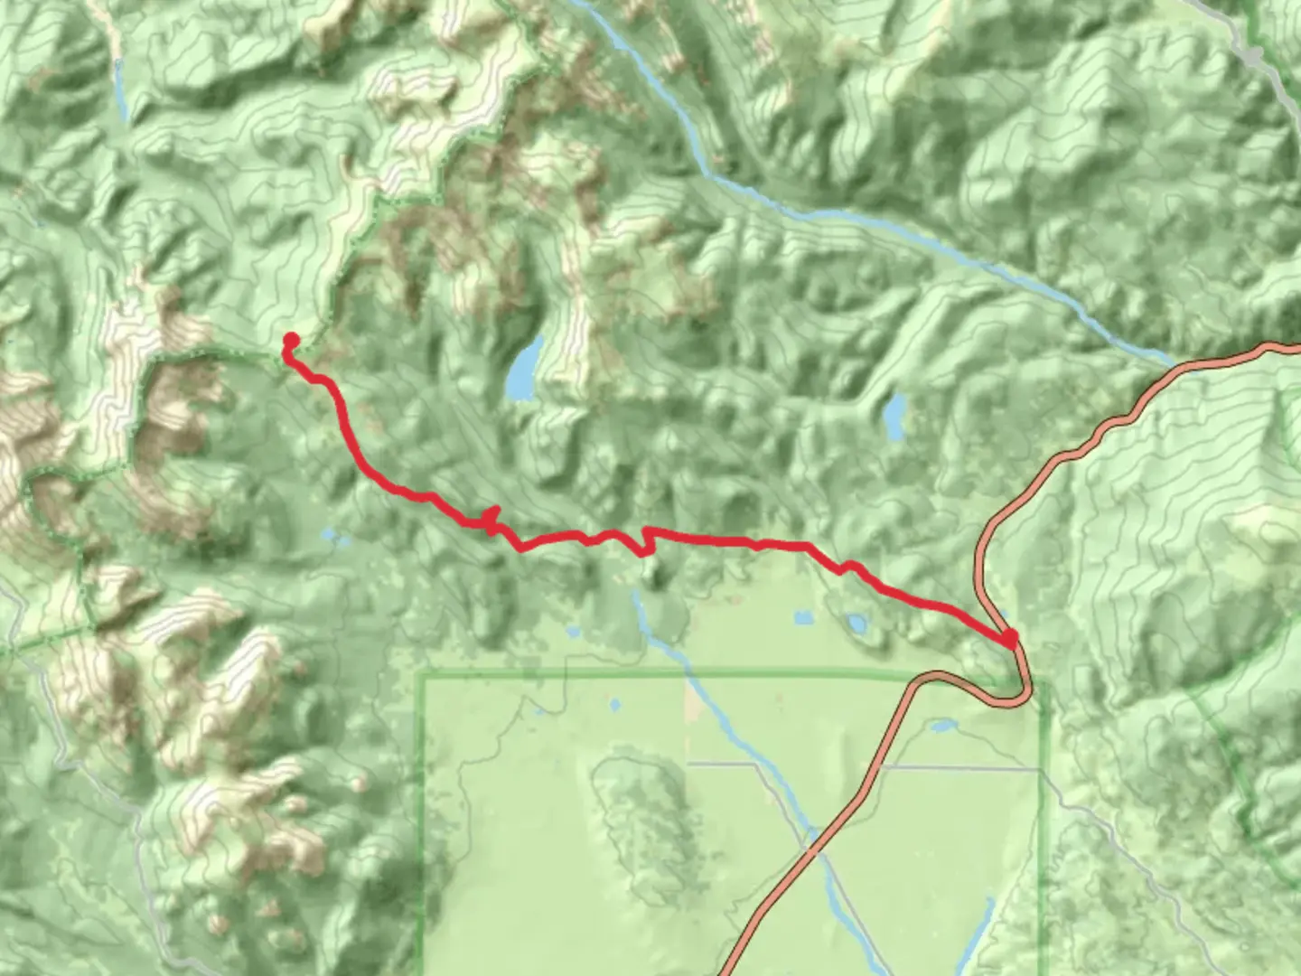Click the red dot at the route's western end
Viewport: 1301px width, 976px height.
[291, 341]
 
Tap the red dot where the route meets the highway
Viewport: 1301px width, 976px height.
[1010, 639]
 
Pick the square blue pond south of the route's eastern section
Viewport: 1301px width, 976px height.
[803, 619]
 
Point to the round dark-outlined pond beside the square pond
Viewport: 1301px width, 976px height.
[854, 624]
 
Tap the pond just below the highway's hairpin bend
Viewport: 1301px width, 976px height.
[942, 726]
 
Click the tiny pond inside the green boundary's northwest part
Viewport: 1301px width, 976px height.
[615, 703]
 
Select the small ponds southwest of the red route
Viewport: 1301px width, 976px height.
[334, 540]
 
